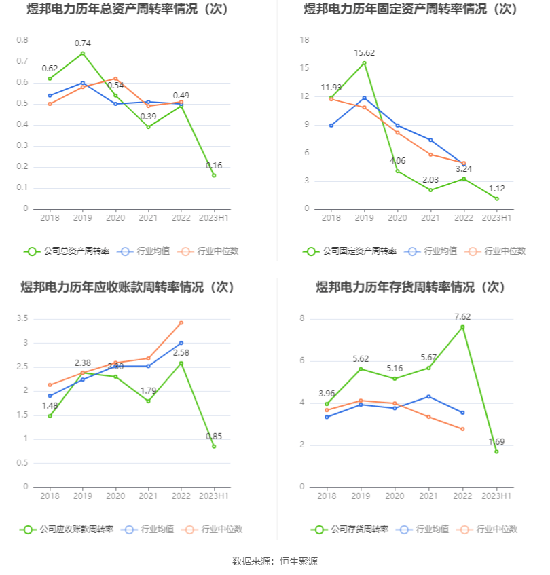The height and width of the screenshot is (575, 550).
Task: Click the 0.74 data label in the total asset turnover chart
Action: [x=82, y=43]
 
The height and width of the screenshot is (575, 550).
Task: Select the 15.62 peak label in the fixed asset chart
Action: [x=364, y=53]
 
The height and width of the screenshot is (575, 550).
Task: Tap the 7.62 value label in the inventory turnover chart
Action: [x=462, y=316]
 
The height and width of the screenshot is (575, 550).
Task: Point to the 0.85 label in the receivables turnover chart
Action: [x=213, y=436]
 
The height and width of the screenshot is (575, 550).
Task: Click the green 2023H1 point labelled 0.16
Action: [x=214, y=175]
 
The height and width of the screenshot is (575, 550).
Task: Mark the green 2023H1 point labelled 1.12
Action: [x=496, y=198]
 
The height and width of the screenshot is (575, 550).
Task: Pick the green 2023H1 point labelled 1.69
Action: [x=496, y=451]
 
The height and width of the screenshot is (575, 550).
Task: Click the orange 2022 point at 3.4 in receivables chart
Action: [x=181, y=322]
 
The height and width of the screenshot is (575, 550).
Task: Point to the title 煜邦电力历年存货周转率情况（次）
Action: [x=411, y=287]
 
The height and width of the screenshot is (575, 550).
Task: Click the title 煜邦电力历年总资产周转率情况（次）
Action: [x=127, y=10]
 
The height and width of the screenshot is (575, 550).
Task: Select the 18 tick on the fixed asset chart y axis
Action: [x=304, y=40]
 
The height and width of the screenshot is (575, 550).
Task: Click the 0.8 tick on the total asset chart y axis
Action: [x=22, y=40]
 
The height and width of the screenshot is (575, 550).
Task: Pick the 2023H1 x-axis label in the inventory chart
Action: [x=496, y=496]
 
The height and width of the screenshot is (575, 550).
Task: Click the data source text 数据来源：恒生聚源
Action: [x=275, y=561]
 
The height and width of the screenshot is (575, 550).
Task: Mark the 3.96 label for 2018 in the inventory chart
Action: [x=327, y=393]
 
